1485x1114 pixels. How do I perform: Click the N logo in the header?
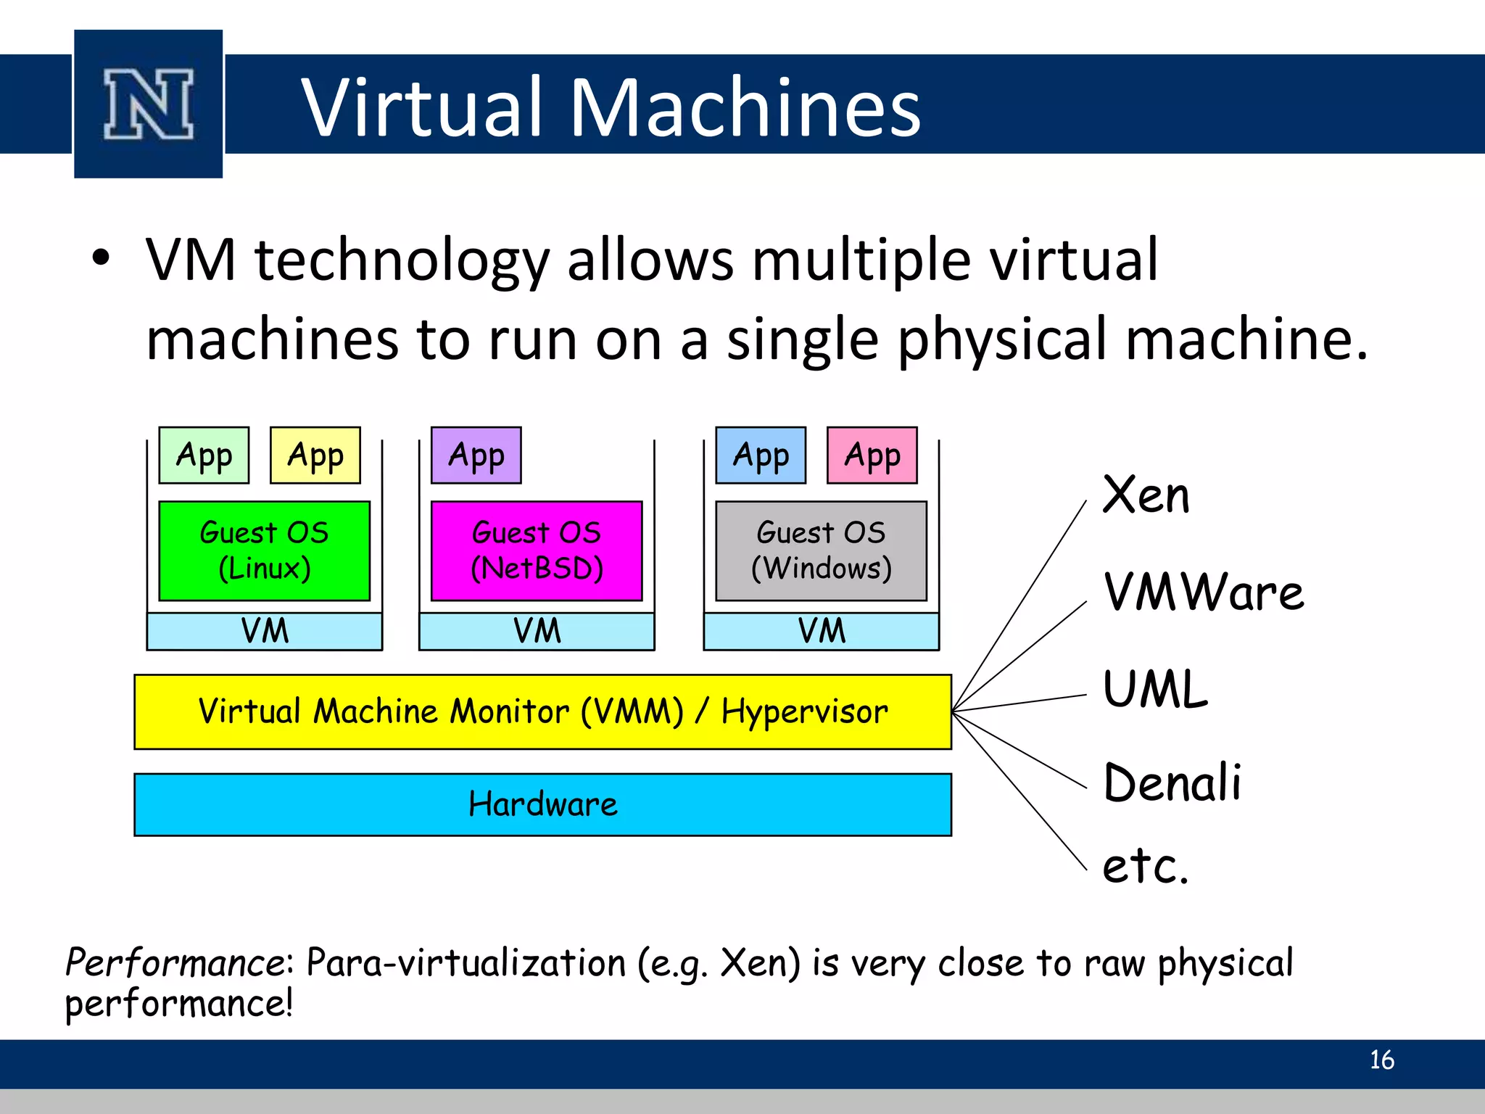[x=149, y=104]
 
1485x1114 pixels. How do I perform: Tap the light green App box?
[x=204, y=455]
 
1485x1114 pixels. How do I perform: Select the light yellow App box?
[x=315, y=455]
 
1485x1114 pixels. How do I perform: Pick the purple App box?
[x=476, y=455]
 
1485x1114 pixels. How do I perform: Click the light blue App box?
[x=761, y=455]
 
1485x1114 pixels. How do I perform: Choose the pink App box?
[x=872, y=455]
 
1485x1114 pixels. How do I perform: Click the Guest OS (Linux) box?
[x=265, y=550]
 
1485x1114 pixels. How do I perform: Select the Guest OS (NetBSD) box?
[x=537, y=550]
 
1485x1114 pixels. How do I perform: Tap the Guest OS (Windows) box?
[x=821, y=550]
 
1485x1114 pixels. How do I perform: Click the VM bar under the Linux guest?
[x=265, y=631]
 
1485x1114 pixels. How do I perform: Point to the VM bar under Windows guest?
[x=822, y=631]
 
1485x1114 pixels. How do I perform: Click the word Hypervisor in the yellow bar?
[x=804, y=712]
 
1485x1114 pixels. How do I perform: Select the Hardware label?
[x=543, y=804]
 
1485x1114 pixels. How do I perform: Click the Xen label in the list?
[x=1146, y=496]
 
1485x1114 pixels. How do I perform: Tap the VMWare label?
[x=1203, y=593]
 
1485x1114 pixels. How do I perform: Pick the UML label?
[x=1155, y=689]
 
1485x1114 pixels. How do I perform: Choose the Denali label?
[x=1172, y=783]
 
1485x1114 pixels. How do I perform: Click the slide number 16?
[x=1381, y=1060]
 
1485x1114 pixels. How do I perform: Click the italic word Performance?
[x=176, y=963]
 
